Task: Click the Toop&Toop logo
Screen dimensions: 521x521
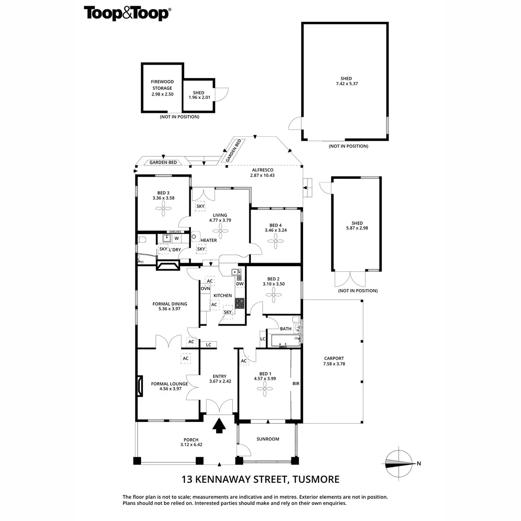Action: click(x=127, y=13)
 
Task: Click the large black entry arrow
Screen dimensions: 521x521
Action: click(x=219, y=425)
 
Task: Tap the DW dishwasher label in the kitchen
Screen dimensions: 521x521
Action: click(x=240, y=284)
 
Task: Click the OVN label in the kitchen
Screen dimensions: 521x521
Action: click(x=205, y=288)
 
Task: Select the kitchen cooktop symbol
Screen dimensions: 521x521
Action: click(x=240, y=303)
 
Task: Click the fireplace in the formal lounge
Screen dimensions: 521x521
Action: click(x=139, y=386)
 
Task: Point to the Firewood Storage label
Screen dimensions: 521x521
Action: click(x=162, y=85)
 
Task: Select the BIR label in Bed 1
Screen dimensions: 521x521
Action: click(x=296, y=383)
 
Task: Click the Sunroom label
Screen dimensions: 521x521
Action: click(x=267, y=439)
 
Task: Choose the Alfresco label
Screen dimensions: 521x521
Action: click(x=262, y=170)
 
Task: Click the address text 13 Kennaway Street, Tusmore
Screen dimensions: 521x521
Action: click(x=260, y=479)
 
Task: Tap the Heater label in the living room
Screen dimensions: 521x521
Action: click(x=208, y=240)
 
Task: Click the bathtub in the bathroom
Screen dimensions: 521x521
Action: click(x=283, y=341)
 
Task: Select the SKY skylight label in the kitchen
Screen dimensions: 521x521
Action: click(x=228, y=312)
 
